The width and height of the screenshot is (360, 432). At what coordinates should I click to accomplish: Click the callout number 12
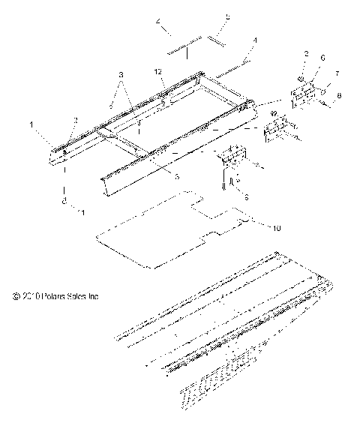(x=158, y=70)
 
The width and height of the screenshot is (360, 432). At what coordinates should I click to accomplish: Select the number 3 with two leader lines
(x=121, y=76)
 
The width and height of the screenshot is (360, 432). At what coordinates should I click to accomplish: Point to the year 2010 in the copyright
(x=31, y=296)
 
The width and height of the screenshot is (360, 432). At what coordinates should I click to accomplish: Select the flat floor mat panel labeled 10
(x=165, y=225)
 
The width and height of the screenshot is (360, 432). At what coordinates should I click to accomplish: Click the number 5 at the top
(x=208, y=16)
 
